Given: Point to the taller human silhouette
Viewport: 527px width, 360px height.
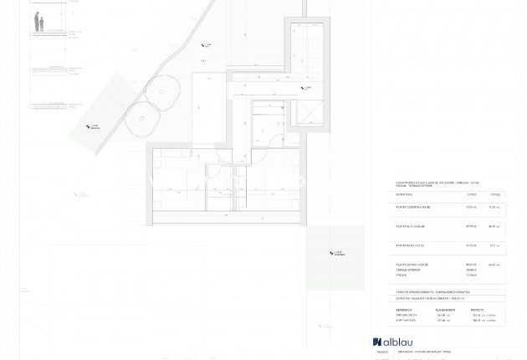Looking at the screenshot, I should coord(37,22).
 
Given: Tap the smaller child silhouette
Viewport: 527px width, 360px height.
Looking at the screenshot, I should coord(42,26).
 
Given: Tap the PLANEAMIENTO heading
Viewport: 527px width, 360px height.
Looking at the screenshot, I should coord(446,309).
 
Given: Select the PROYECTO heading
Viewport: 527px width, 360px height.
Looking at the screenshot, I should coord(483,309).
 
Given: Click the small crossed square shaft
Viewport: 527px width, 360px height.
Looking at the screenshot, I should coord(311,112).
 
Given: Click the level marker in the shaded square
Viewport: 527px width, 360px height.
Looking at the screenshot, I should coord(335,253).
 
